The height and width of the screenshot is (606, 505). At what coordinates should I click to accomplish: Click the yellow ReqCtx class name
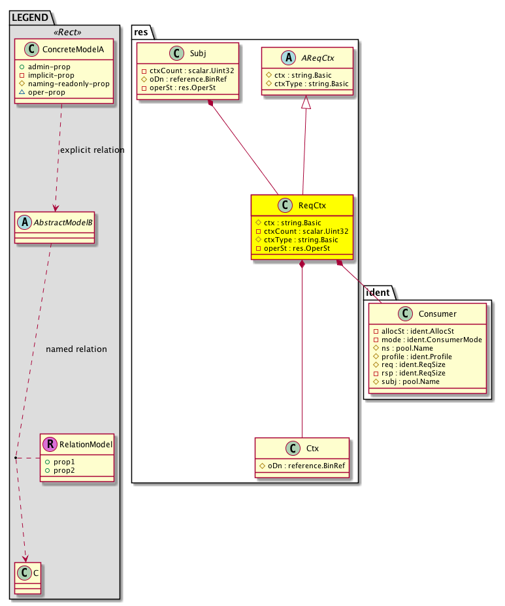pos(312,206)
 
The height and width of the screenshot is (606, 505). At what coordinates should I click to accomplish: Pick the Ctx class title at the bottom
pos(312,449)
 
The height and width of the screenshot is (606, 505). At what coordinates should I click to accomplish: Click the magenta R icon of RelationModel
pos(50,445)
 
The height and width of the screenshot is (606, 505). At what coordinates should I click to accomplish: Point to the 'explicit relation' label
pos(91,150)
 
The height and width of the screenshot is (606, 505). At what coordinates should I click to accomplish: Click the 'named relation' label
pos(76,349)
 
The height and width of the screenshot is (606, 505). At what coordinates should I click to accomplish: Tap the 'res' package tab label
pos(144,30)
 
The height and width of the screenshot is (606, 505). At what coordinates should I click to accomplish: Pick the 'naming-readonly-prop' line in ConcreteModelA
pos(63,84)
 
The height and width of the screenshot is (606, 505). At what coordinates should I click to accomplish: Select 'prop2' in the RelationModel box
pos(63,470)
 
